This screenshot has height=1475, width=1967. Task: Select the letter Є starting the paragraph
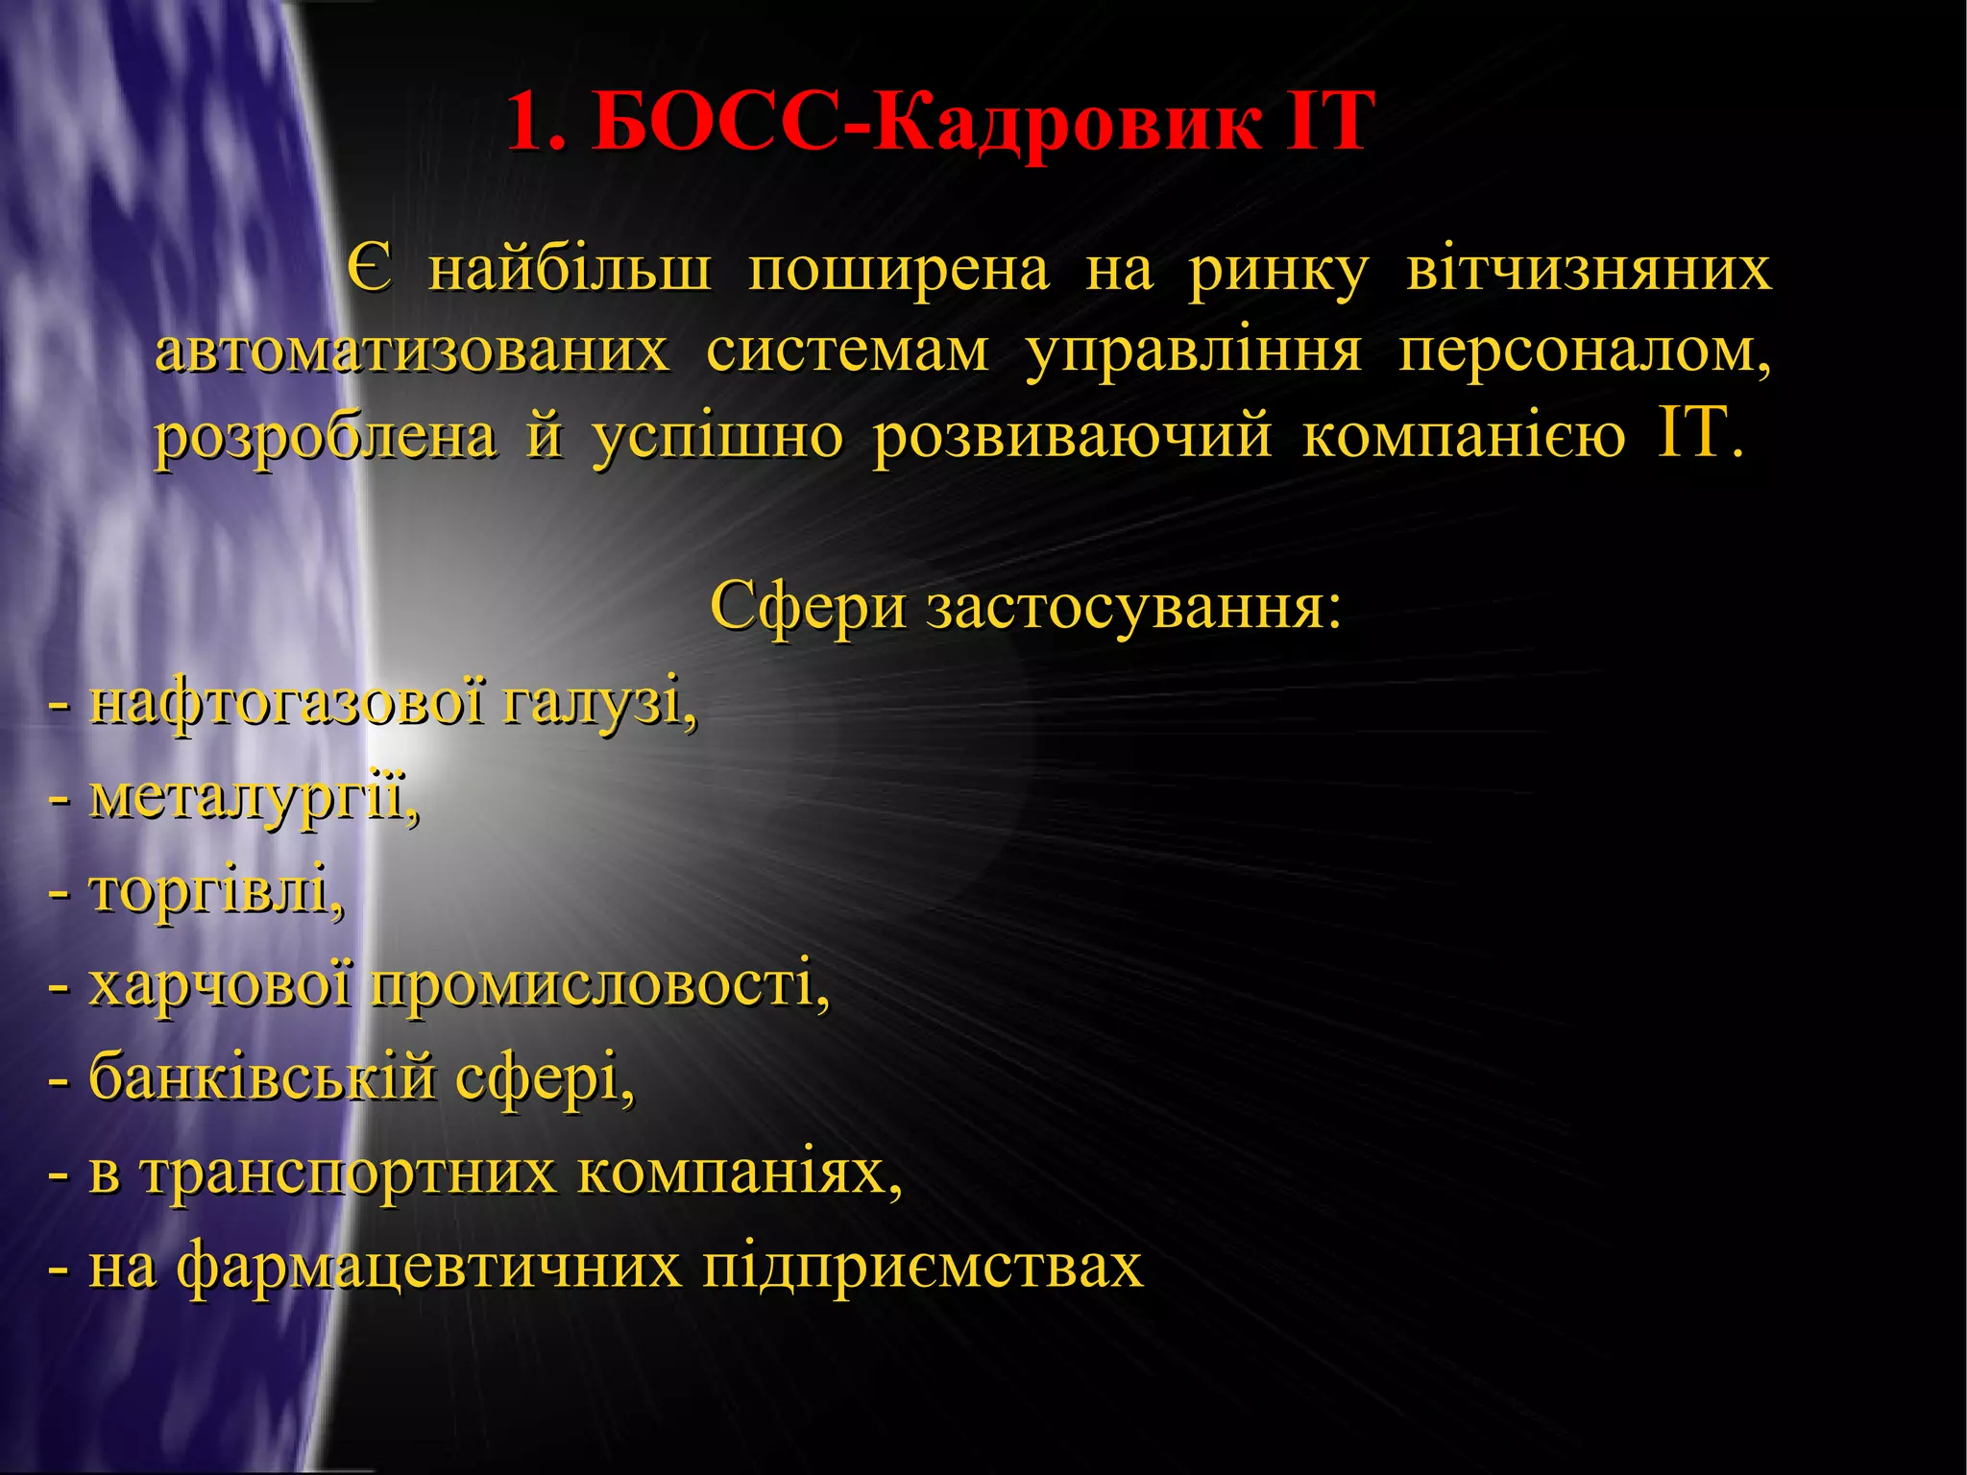point(370,269)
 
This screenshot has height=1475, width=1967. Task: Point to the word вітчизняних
point(1589,269)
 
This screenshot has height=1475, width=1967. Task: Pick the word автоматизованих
point(412,351)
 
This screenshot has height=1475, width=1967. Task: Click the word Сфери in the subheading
point(808,607)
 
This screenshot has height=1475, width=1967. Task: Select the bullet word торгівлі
point(215,891)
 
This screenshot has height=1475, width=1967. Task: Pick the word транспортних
point(350,1173)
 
